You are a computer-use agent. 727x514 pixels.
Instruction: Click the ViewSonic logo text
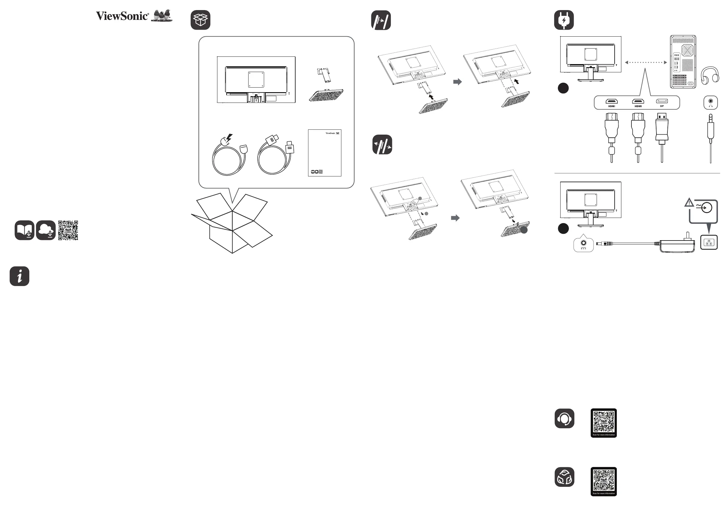coord(122,16)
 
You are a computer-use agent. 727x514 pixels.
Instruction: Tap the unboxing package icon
coord(200,20)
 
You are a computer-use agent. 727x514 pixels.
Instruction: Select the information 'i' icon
coord(19,276)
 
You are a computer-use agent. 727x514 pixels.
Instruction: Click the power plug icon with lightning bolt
coord(564,20)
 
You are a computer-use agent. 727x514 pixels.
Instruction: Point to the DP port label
coord(662,106)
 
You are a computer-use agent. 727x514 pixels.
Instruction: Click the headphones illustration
coord(710,75)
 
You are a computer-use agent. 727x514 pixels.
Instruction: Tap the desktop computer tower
coord(683,62)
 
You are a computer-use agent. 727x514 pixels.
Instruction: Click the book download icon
coord(24,230)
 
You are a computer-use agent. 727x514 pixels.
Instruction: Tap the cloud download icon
coord(45,230)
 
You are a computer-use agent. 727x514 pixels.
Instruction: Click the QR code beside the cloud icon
coord(68,230)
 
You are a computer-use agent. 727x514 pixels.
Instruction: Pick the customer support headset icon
coord(564,418)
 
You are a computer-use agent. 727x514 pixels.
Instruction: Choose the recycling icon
coord(564,477)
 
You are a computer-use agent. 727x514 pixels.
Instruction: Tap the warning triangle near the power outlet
coord(689,203)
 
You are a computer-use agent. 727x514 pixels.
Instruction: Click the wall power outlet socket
coord(709,242)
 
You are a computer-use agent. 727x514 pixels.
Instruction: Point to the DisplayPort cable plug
coord(662,128)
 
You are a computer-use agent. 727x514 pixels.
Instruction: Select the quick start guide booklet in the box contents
coord(325,153)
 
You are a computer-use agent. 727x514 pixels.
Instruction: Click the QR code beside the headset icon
coord(604,422)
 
